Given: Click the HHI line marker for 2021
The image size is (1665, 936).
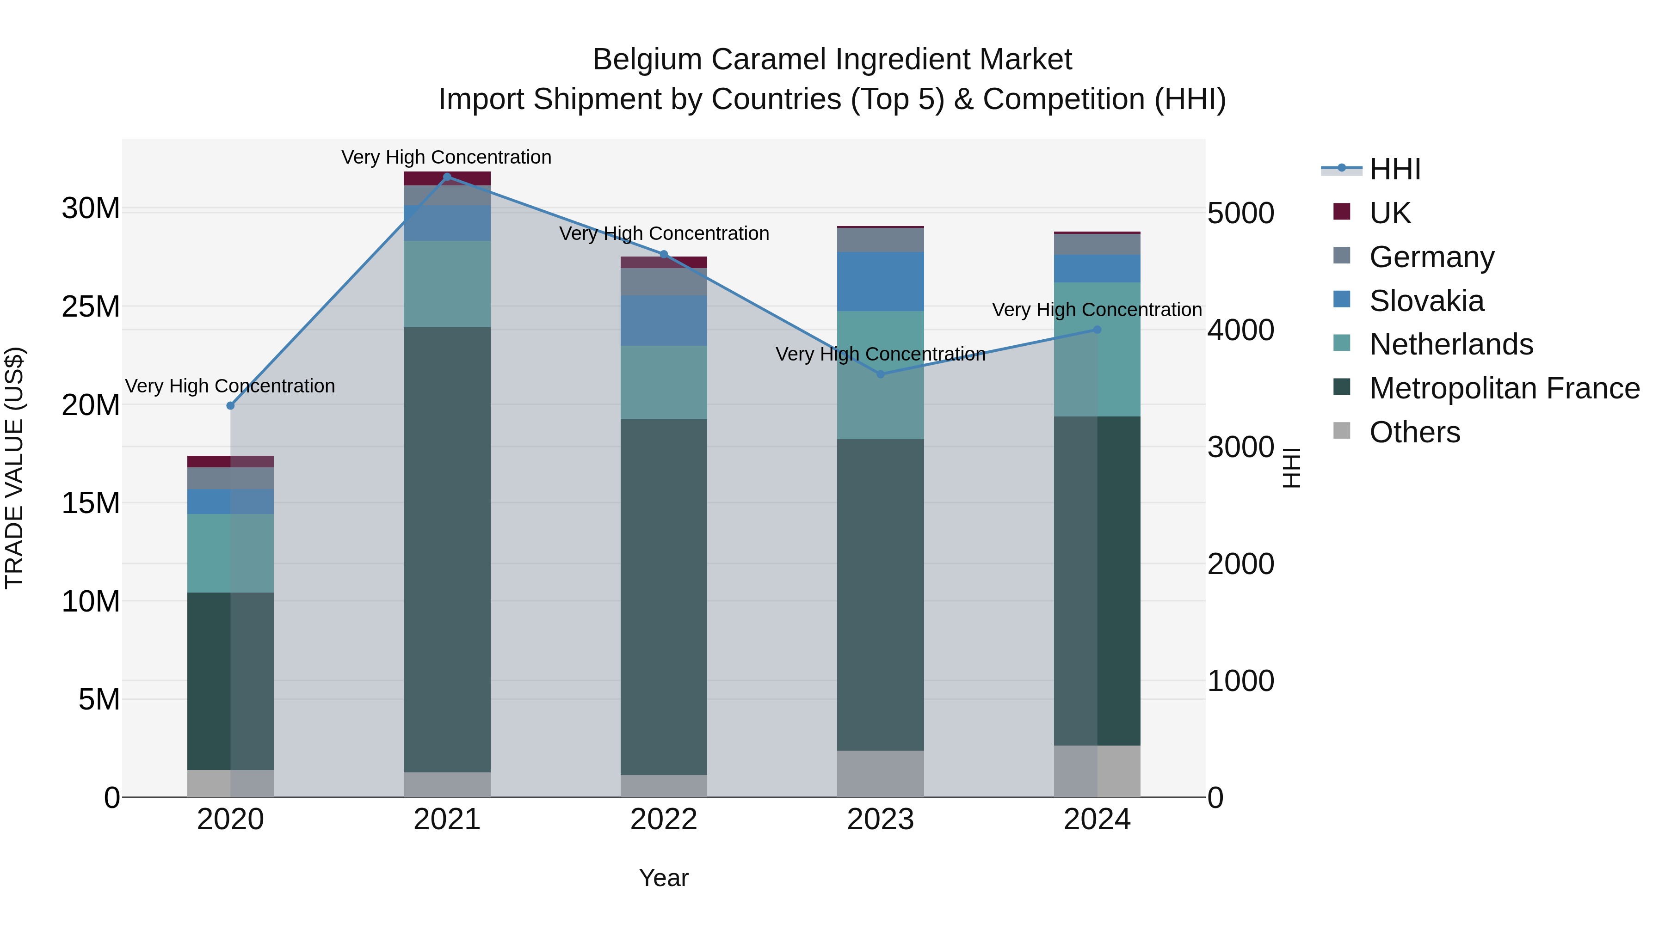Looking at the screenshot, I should tap(447, 177).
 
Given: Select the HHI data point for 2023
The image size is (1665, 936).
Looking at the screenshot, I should tap(880, 374).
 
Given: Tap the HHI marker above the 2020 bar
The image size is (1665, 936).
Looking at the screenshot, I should tap(231, 406).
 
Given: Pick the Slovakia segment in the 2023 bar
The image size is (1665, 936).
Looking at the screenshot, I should tap(880, 281).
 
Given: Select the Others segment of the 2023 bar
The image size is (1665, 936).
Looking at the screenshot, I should tap(880, 773).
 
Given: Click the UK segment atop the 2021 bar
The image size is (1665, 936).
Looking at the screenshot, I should tap(447, 178).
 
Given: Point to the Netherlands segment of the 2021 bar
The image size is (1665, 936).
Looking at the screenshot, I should tap(447, 284).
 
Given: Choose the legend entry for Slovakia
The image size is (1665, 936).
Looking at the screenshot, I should tap(1426, 301).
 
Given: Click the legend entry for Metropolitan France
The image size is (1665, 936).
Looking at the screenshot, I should tap(1504, 389).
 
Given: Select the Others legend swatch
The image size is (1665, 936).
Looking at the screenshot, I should tap(1342, 431).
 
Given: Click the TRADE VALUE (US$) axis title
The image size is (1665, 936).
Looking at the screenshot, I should tap(14, 468).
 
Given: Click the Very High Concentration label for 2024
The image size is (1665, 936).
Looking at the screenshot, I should tap(1097, 310).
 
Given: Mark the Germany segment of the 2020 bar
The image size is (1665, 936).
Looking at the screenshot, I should tap(231, 478).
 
